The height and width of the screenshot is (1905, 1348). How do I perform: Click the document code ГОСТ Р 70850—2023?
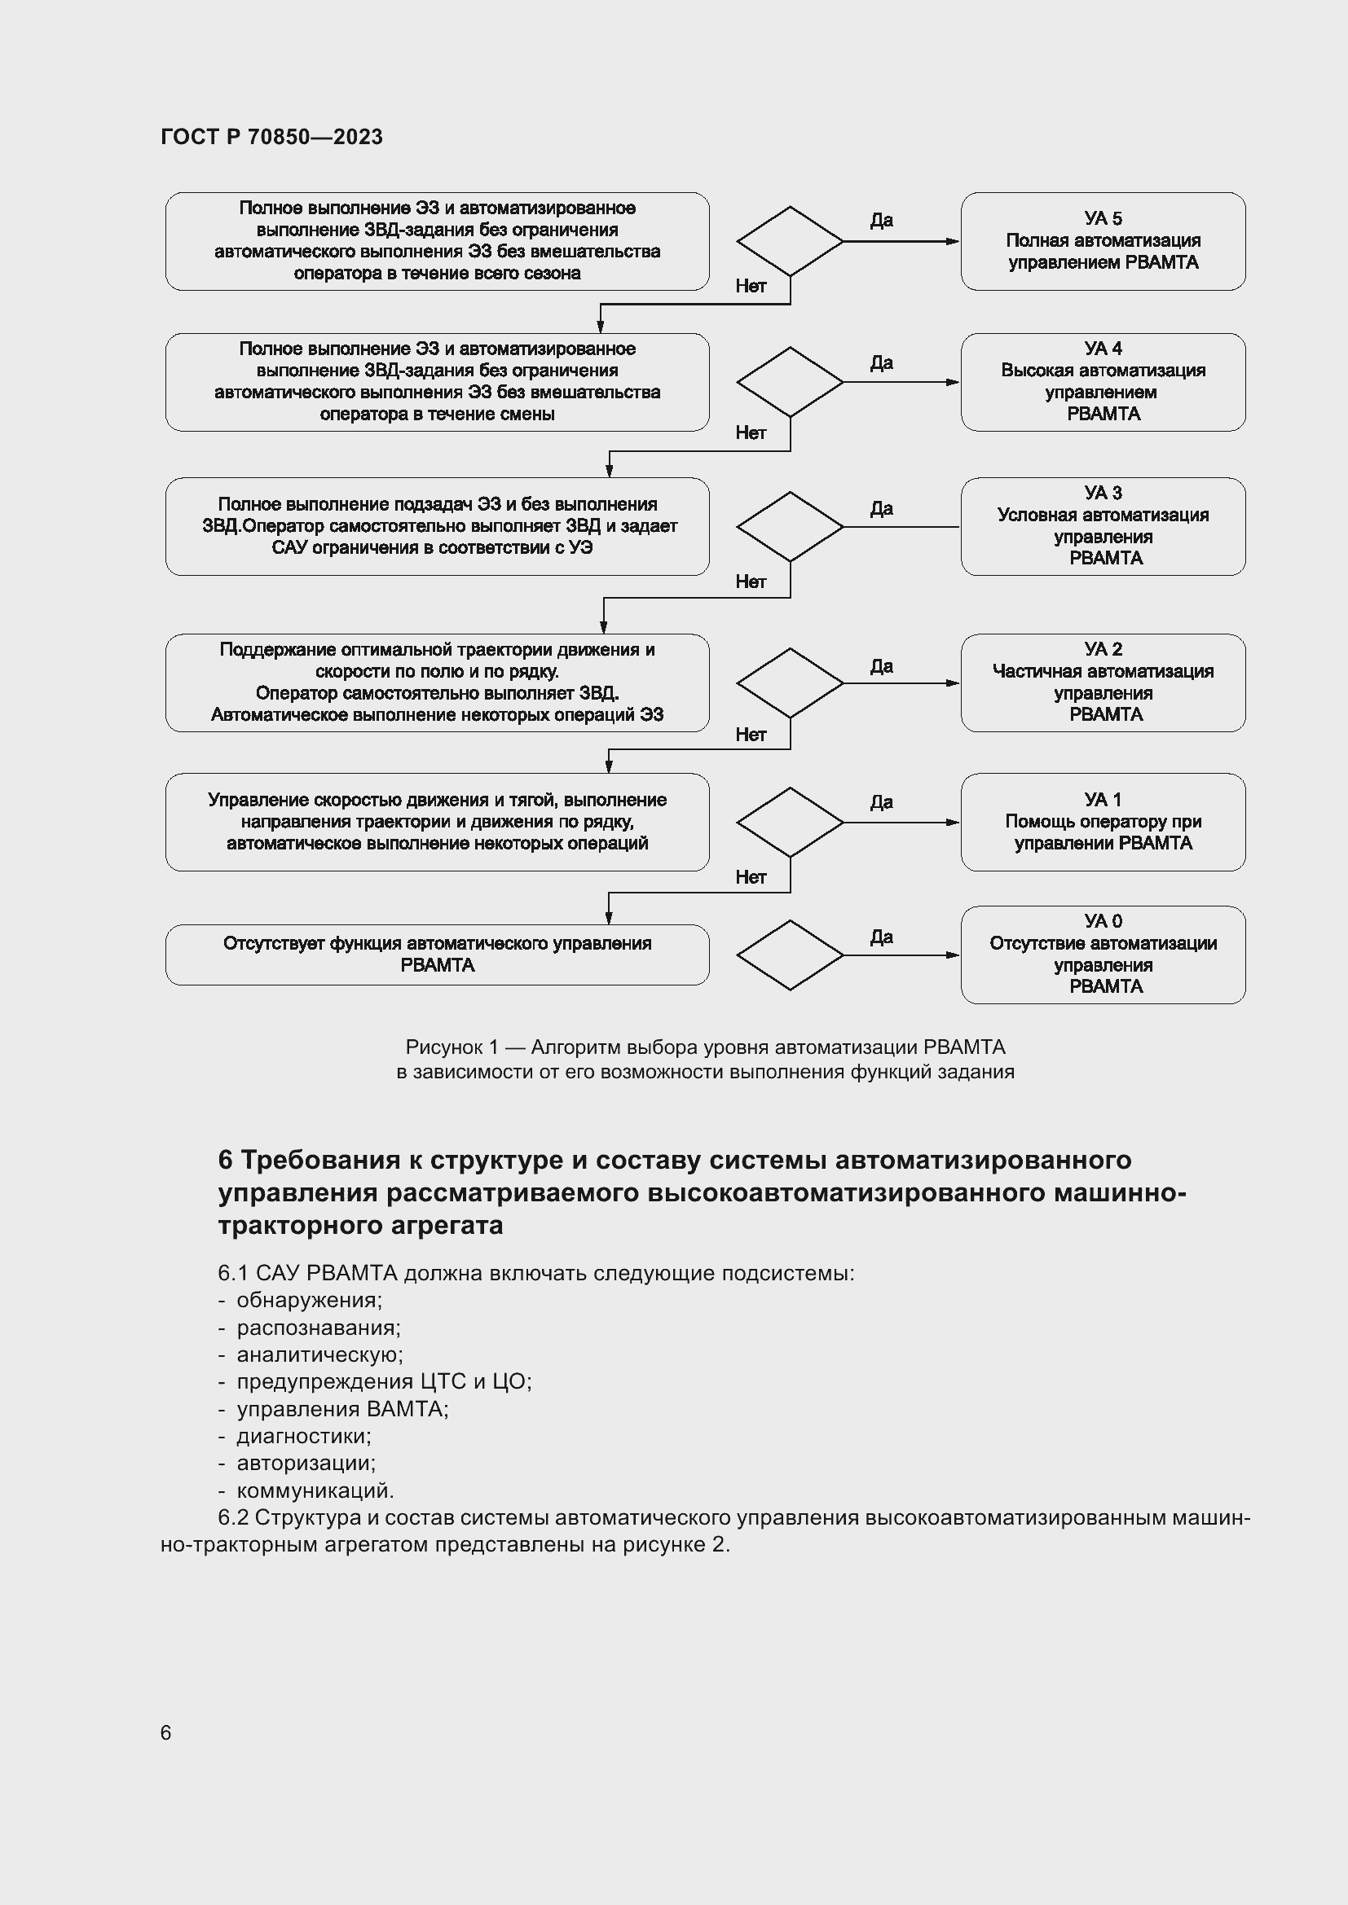click(x=271, y=137)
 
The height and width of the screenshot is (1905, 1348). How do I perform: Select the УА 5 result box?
click(x=1103, y=240)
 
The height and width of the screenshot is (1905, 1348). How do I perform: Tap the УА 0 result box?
click(x=1103, y=955)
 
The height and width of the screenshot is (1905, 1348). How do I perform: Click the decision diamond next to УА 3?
click(x=790, y=527)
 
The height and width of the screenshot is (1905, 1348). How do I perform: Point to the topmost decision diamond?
click(x=790, y=240)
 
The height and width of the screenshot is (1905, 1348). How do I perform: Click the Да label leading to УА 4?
click(x=881, y=362)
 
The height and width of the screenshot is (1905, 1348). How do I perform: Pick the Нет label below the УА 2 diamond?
click(x=751, y=735)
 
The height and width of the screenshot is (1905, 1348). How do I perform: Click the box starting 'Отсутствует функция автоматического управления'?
click(x=437, y=955)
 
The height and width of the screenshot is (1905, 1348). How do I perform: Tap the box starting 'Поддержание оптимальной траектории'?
click(x=437, y=682)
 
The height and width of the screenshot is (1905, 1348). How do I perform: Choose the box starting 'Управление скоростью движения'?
click(x=437, y=822)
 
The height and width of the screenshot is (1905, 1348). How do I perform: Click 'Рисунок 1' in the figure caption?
click(x=452, y=1047)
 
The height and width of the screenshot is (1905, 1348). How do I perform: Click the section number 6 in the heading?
click(x=225, y=1160)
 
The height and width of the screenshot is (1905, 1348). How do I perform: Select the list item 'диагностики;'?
click(x=304, y=1436)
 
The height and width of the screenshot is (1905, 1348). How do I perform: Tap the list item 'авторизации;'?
click(x=306, y=1463)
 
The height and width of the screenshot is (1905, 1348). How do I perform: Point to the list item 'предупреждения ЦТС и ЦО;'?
click(x=384, y=1381)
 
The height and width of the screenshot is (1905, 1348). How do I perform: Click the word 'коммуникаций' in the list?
click(x=314, y=1490)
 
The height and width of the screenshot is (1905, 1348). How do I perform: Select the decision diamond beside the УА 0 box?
click(x=790, y=955)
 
